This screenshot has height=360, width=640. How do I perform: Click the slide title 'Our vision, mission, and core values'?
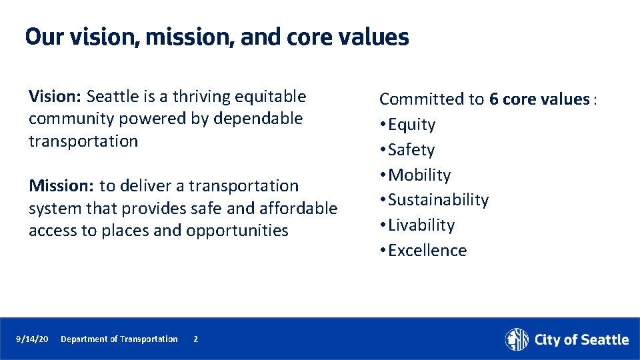point(217,37)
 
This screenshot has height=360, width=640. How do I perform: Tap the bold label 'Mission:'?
point(61,186)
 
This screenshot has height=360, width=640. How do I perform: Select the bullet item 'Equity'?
point(411,125)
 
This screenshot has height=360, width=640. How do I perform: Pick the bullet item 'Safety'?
point(411,150)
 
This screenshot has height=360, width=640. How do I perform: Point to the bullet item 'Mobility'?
point(419,175)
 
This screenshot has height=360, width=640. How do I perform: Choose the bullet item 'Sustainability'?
point(438,200)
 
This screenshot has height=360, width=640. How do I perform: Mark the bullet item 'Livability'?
point(421,225)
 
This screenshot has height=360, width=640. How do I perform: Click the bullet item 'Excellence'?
point(427,251)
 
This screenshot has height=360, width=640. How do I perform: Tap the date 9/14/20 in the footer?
point(32,339)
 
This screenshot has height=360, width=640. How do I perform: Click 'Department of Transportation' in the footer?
point(119,339)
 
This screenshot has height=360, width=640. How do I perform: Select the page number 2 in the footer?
point(195,339)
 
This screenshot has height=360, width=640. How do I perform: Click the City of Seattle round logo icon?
point(517,339)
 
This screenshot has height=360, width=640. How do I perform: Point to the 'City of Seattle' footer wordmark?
point(581,340)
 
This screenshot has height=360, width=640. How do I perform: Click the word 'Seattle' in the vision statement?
point(111,97)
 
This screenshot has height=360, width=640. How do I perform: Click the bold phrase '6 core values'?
point(539,99)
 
